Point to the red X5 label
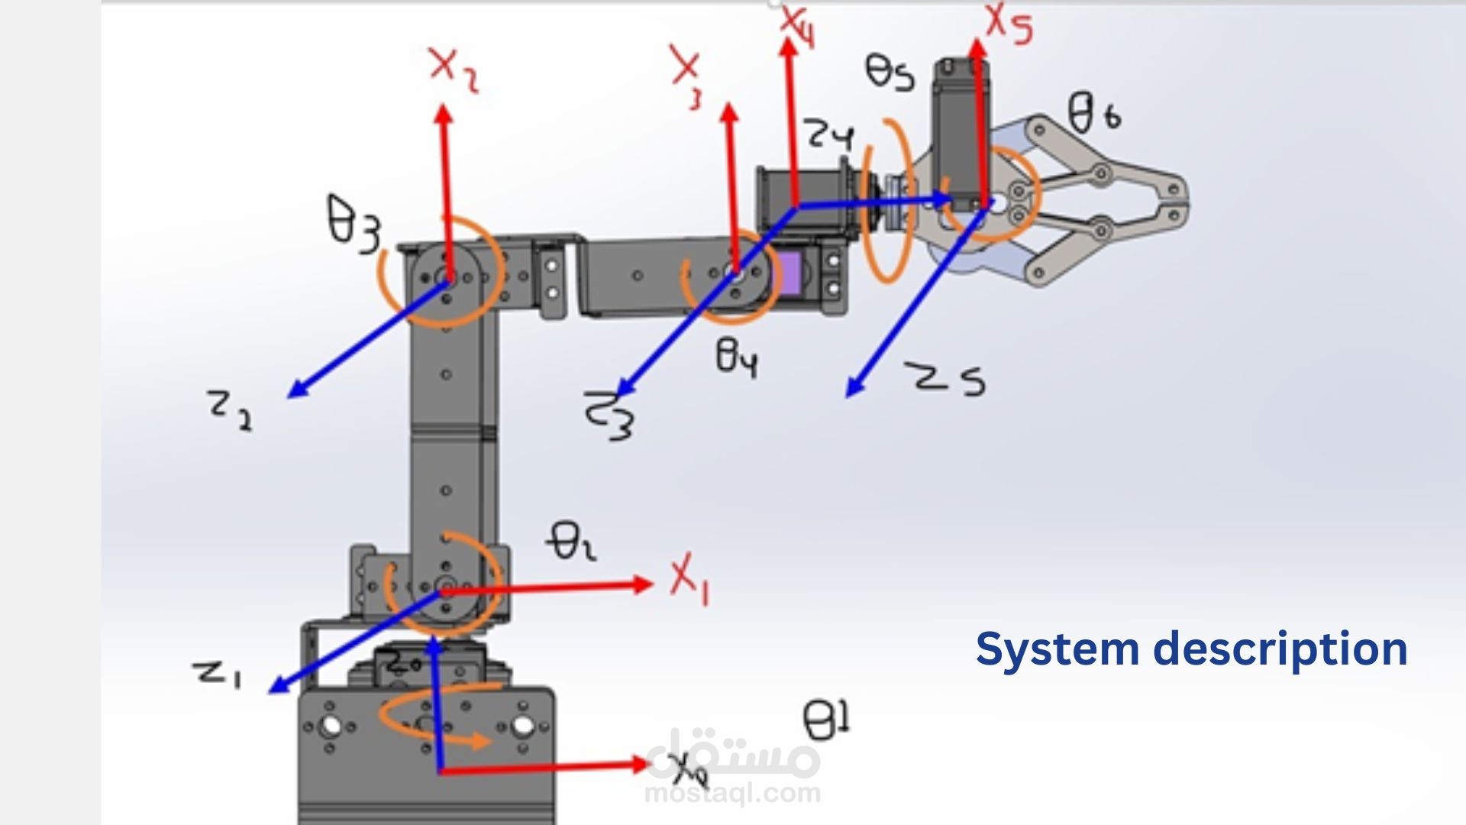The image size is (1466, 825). [x=1008, y=23]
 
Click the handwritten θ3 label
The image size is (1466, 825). [x=354, y=224]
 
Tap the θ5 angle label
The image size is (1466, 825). [x=890, y=73]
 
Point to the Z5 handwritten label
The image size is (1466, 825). [x=946, y=380]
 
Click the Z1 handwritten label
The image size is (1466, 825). [x=218, y=674]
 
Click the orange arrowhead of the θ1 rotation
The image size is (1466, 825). [x=481, y=740]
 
